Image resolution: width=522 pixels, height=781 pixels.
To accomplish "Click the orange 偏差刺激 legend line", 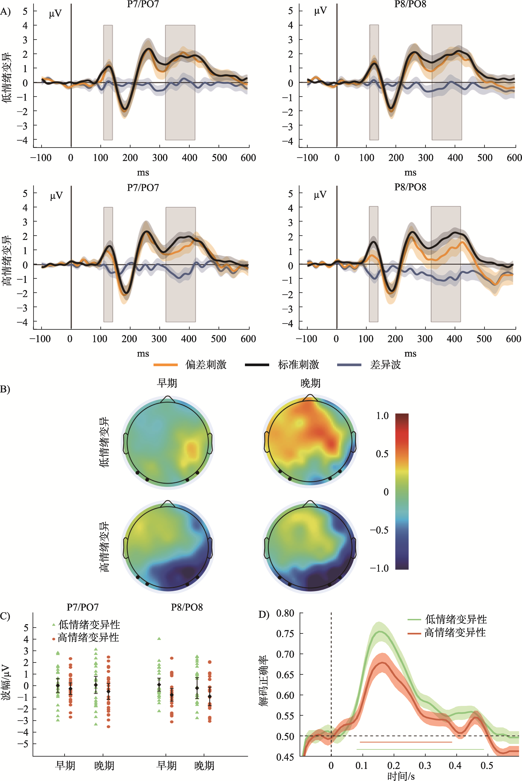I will (x=165, y=365).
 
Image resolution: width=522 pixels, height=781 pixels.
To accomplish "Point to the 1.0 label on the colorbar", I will (x=382, y=416).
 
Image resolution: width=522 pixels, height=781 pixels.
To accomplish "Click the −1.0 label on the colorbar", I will (x=379, y=568).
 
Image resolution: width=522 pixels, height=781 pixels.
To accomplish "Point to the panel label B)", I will (x=5, y=389).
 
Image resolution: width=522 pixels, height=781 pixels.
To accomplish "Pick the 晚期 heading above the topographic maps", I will (x=310, y=383).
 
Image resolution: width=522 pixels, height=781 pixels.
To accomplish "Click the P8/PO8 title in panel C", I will (x=187, y=607).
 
